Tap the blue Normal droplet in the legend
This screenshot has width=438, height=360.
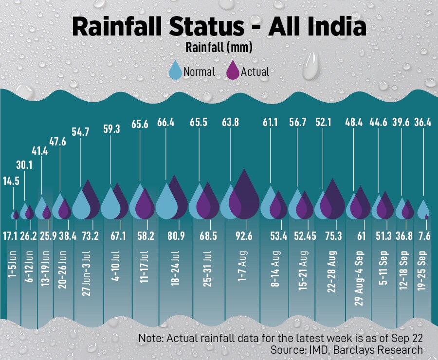click(175, 71)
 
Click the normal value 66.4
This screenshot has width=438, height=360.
click(166, 123)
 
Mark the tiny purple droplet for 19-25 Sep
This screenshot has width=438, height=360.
click(427, 216)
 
